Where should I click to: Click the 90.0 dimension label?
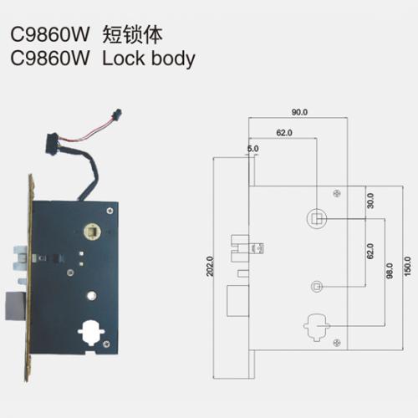click(x=299, y=112)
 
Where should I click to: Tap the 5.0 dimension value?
click(x=252, y=149)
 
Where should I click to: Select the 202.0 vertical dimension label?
click(x=210, y=267)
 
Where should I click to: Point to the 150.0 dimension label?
click(x=407, y=267)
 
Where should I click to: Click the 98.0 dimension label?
click(x=390, y=271)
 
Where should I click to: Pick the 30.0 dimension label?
click(x=370, y=201)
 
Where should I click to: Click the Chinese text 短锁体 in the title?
click(x=132, y=35)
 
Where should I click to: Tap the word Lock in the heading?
click(x=124, y=59)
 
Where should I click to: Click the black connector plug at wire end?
click(x=116, y=115)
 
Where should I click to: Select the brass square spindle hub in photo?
click(x=92, y=232)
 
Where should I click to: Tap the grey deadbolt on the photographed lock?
click(x=16, y=306)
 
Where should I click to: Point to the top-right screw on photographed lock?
click(x=110, y=211)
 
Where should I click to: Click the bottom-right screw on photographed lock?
click(x=106, y=344)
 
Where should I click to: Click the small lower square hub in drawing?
click(x=317, y=287)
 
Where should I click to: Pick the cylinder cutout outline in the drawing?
click(x=307, y=326)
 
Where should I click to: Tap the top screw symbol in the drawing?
click(x=337, y=193)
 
